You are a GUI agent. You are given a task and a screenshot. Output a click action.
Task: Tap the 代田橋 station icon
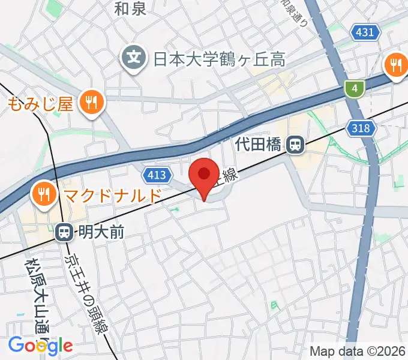click(x=295, y=144)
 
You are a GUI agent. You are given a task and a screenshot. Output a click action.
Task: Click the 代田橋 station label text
click(x=259, y=145)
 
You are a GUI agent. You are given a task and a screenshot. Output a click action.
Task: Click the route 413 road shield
click(x=155, y=175)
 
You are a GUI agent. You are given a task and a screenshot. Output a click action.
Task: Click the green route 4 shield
click(x=355, y=89)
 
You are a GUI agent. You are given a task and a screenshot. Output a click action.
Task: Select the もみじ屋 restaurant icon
click(x=92, y=103)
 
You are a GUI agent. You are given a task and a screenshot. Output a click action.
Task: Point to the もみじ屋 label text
click(x=41, y=104)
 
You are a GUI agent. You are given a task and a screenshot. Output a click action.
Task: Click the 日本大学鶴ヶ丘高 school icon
click(x=134, y=58)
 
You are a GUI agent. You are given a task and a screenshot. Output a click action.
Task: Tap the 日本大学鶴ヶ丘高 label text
click(x=218, y=59)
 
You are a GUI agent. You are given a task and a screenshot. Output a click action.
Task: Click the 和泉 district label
click(x=130, y=8)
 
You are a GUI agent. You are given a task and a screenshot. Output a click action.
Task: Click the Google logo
click(x=40, y=345)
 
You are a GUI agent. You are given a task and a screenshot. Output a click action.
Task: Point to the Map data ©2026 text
click(x=358, y=351)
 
